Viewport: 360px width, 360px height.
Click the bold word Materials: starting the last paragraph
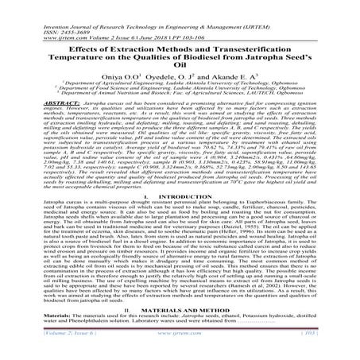click(25, 339)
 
